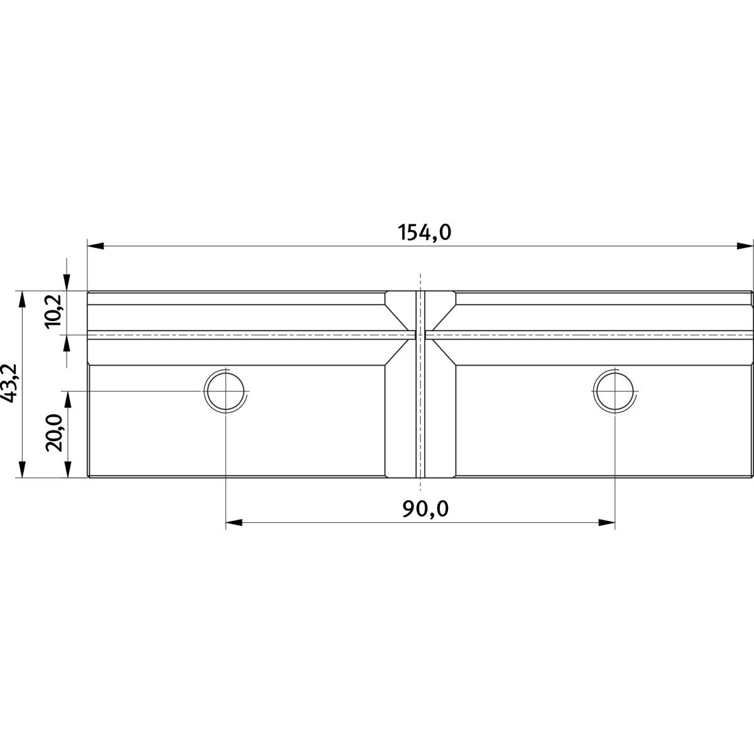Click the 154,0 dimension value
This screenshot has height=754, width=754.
point(425,232)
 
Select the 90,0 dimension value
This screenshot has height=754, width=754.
point(425,509)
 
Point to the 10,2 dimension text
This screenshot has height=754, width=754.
point(53,312)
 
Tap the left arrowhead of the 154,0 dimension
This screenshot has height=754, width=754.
point(96,246)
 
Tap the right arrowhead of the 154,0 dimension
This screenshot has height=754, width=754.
point(745,246)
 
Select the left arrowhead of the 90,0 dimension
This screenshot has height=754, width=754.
point(234,523)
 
